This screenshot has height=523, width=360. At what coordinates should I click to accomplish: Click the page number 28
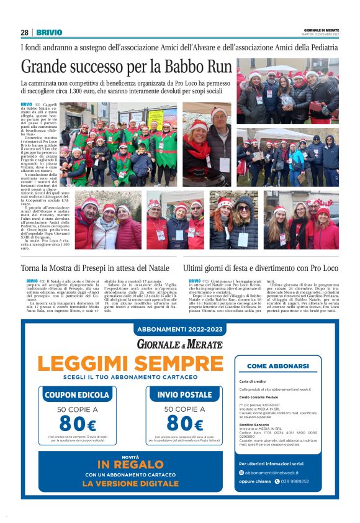click(x=24, y=32)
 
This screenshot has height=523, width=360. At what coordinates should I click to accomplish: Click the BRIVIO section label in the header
click(x=48, y=32)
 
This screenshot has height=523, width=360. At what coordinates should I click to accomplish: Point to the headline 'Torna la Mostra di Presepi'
click(x=95, y=268)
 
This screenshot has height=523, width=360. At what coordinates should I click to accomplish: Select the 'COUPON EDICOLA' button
click(x=78, y=394)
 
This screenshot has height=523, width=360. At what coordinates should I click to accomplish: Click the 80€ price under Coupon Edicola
click(x=78, y=424)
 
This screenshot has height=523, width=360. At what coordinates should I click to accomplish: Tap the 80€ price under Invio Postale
click(x=179, y=424)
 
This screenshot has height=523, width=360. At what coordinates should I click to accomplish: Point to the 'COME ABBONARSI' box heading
click(x=277, y=366)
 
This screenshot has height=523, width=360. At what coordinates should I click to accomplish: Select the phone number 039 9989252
click(x=296, y=481)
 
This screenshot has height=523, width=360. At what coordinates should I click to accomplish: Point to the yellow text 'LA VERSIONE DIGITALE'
click(x=130, y=483)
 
